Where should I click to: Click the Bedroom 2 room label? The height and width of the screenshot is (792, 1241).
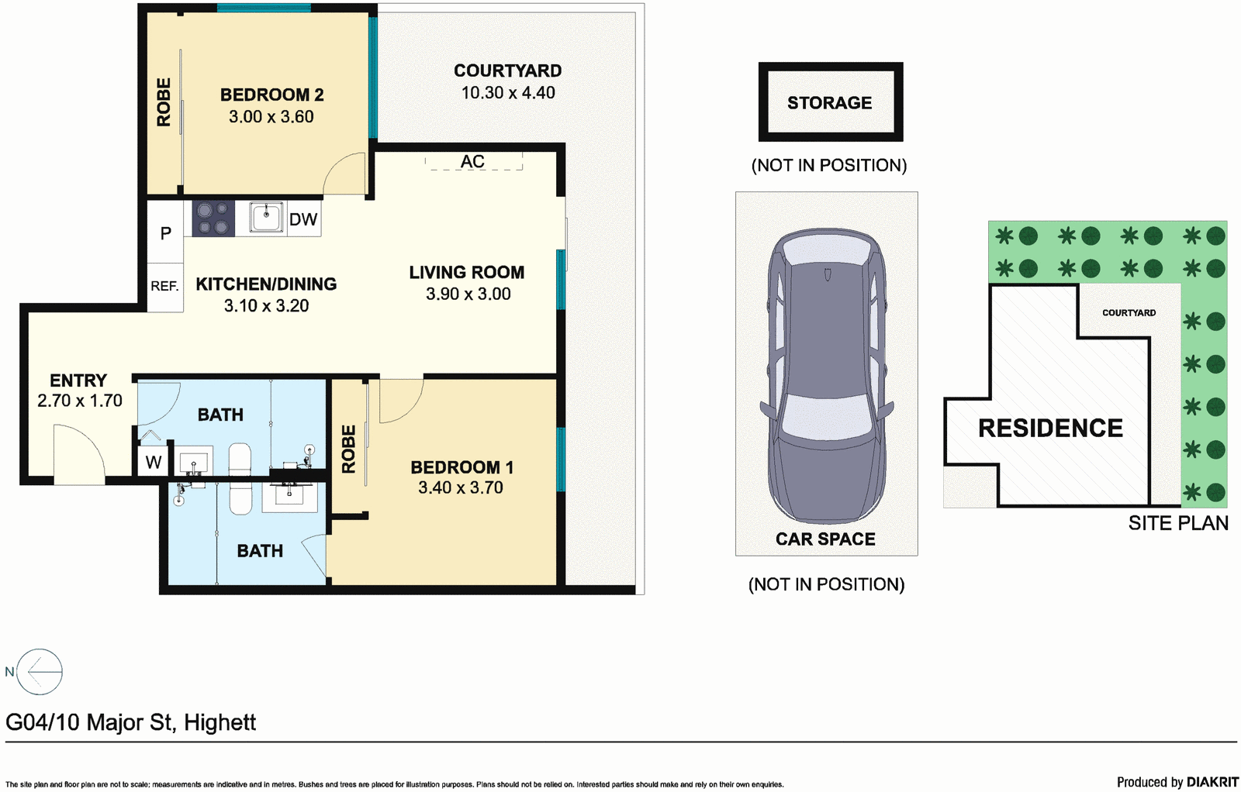(x=271, y=95)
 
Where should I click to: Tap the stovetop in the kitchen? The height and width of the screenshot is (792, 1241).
(x=213, y=218)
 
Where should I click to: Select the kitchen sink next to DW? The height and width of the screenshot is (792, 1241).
(x=266, y=217)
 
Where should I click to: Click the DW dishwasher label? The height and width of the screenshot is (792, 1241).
(x=303, y=219)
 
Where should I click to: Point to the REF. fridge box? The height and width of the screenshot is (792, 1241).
(x=164, y=287)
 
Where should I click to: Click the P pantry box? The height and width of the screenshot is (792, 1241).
(x=165, y=232)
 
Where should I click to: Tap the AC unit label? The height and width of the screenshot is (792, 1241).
(x=472, y=161)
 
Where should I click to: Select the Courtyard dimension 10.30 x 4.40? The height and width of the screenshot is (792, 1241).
(x=508, y=93)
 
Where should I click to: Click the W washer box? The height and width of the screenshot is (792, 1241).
(x=154, y=463)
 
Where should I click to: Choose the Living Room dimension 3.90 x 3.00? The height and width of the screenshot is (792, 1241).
(x=468, y=294)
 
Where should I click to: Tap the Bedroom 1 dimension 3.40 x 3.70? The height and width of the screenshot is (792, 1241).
(x=461, y=488)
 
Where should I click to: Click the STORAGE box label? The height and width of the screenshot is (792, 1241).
(x=829, y=102)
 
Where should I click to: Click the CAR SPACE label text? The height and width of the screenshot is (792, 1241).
(x=825, y=539)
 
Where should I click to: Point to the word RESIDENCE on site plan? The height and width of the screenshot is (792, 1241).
(x=1050, y=428)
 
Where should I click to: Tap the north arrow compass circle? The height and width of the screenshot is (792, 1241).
(x=40, y=671)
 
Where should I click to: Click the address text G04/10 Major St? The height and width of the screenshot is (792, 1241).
(x=130, y=722)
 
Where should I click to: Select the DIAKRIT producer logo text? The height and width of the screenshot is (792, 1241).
(x=1212, y=782)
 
